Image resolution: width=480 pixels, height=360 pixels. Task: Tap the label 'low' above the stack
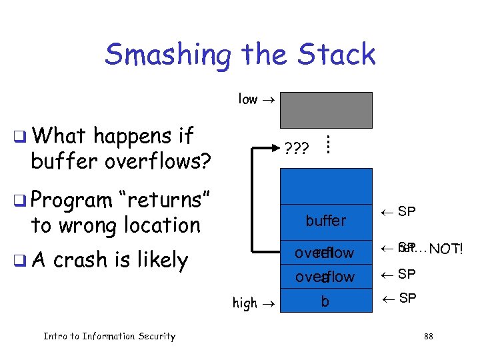[248, 99]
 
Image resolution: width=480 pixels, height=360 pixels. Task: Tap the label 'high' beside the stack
[244, 303]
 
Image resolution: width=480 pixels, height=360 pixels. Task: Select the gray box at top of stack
[326, 109]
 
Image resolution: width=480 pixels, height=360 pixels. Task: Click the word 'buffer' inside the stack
[325, 221]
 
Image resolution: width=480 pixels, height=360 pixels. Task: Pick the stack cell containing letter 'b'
[325, 302]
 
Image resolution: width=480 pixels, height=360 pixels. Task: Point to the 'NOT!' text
[446, 250]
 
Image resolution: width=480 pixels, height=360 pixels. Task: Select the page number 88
[428, 337]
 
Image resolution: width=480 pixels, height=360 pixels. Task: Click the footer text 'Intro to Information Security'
[109, 336]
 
